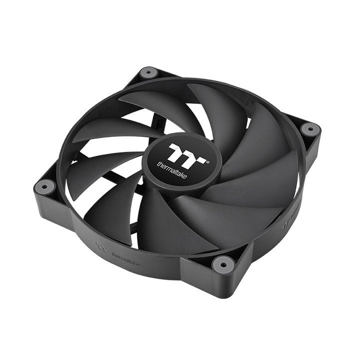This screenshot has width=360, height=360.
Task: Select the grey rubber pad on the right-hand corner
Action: coord(310,129)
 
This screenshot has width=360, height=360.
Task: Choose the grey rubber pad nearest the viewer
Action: coord(222,262)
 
